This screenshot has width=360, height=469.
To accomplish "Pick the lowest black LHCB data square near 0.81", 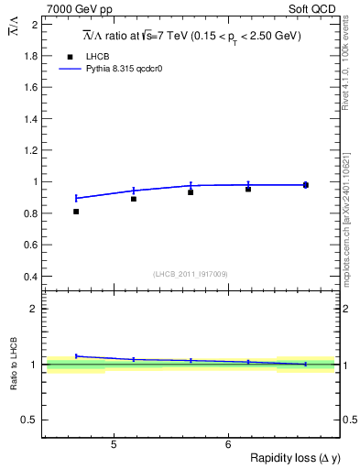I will coord(76,212).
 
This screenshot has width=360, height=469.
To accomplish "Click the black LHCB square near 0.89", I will coord(134,199).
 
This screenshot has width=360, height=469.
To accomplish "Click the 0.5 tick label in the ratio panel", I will coord(29,420).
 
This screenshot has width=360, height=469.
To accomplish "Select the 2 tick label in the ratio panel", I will coord(33,309).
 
